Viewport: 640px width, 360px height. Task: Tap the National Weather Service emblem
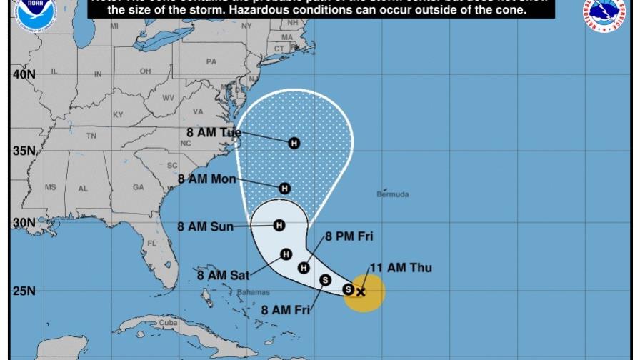tap(606, 14)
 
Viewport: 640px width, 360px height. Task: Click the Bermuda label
tap(393, 194)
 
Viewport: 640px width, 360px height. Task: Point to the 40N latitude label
tap(24, 74)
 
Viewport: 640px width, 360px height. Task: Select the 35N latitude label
tap(24, 151)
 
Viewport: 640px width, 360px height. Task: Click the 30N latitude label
tap(24, 223)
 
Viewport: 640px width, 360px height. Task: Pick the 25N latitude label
tap(24, 291)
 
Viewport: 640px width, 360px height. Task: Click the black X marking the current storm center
tap(361, 291)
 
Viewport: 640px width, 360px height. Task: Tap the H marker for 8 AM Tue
tap(294, 144)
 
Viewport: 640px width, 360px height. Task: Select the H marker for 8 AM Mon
tap(284, 189)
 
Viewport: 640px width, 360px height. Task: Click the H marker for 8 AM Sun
tap(279, 226)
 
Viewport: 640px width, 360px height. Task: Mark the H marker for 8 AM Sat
tap(286, 254)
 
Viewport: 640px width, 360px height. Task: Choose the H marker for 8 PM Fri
tap(304, 268)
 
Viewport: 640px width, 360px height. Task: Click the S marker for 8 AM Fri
tap(326, 280)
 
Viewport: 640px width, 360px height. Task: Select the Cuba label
tap(167, 323)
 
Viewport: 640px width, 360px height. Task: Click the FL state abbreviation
tap(151, 243)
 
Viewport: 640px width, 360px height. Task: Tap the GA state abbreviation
tap(138, 188)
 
